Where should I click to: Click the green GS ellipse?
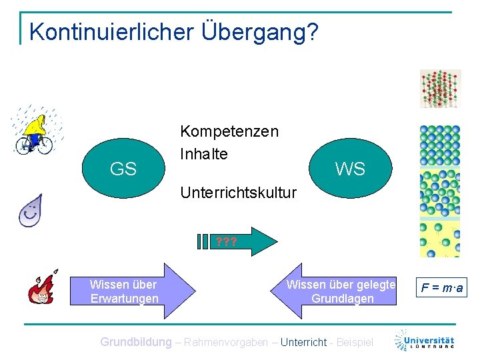click(x=123, y=169)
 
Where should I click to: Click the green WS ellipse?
click(x=350, y=169)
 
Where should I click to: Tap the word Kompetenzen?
click(x=229, y=131)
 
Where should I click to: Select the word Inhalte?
click(x=204, y=154)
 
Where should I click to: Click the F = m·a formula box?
click(x=441, y=289)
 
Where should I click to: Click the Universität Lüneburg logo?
click(x=424, y=340)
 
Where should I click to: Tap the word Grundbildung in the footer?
click(x=135, y=342)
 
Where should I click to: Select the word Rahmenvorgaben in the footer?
click(x=226, y=342)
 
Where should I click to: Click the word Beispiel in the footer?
click(x=355, y=342)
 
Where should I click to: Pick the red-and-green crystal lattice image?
click(x=440, y=89)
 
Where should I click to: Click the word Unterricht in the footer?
click(x=303, y=342)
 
